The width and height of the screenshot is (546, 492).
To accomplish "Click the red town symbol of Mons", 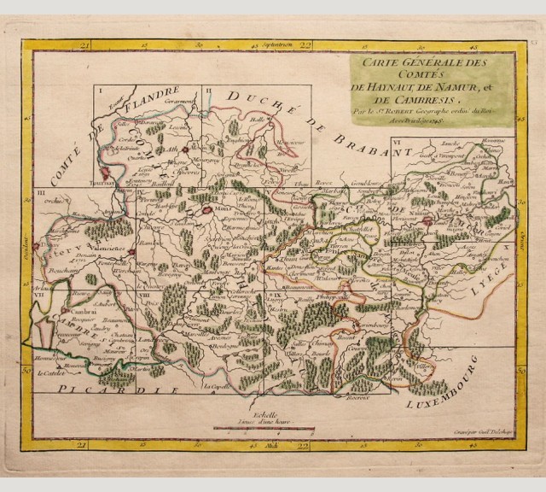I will click(x=206, y=205).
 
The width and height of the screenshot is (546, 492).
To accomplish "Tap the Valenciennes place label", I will click(x=107, y=249).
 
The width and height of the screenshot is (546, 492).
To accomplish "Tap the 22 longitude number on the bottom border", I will click(x=304, y=445).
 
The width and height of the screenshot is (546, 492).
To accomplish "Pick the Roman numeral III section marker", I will click(x=41, y=197).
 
